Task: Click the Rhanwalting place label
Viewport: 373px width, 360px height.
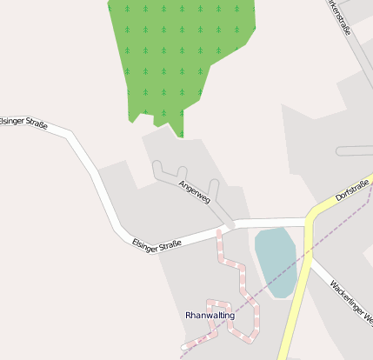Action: pyautogui.click(x=210, y=316)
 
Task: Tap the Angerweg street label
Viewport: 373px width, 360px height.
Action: pyautogui.click(x=194, y=192)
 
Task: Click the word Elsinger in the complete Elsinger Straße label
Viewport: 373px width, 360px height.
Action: pyautogui.click(x=145, y=243)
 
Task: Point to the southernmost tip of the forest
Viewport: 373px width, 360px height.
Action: pyautogui.click(x=182, y=137)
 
